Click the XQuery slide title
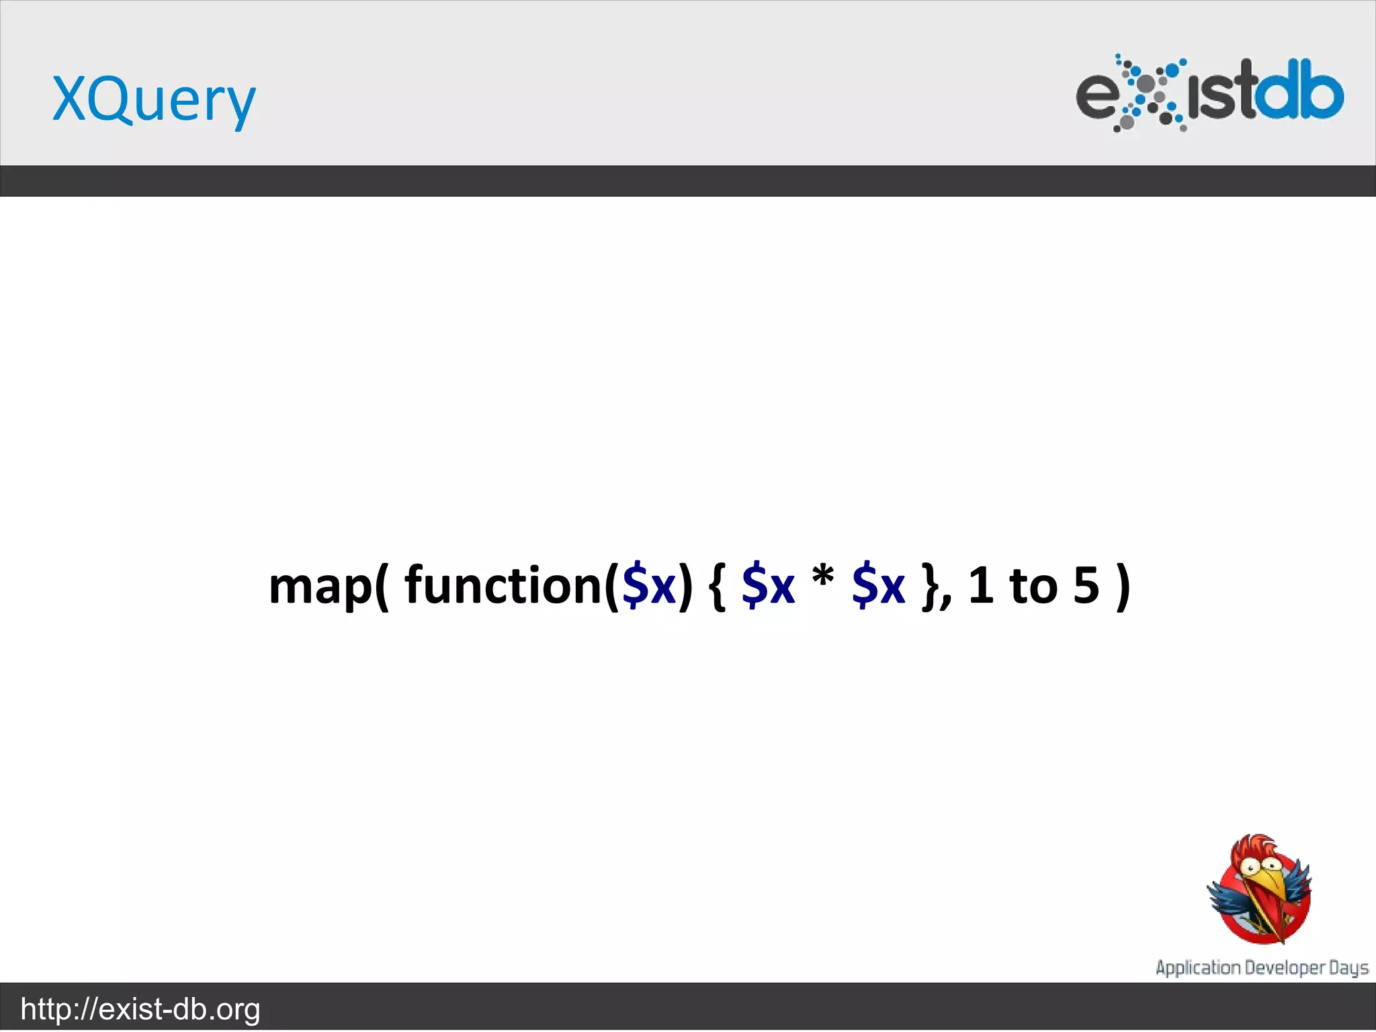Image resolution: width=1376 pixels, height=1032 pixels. [154, 99]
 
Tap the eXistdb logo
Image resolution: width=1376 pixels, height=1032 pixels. [1209, 93]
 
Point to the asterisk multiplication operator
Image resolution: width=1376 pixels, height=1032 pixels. [823, 576]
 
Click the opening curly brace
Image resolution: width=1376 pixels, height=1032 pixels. [717, 586]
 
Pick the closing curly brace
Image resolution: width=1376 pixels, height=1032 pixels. [933, 586]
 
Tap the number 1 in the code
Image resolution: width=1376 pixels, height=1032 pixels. [981, 585]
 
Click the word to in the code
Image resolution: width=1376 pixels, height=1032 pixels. [1033, 585]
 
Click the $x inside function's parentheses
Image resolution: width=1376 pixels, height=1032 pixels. [649, 585]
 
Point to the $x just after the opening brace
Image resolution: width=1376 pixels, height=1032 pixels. [768, 585]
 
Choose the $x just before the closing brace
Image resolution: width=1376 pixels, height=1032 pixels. [878, 585]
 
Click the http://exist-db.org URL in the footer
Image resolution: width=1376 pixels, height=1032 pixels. [140, 1009]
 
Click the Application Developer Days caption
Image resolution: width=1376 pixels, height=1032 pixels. [1262, 968]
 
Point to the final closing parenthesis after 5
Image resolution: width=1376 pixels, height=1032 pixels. [1122, 586]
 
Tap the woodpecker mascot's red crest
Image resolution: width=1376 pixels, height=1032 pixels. [1255, 847]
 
